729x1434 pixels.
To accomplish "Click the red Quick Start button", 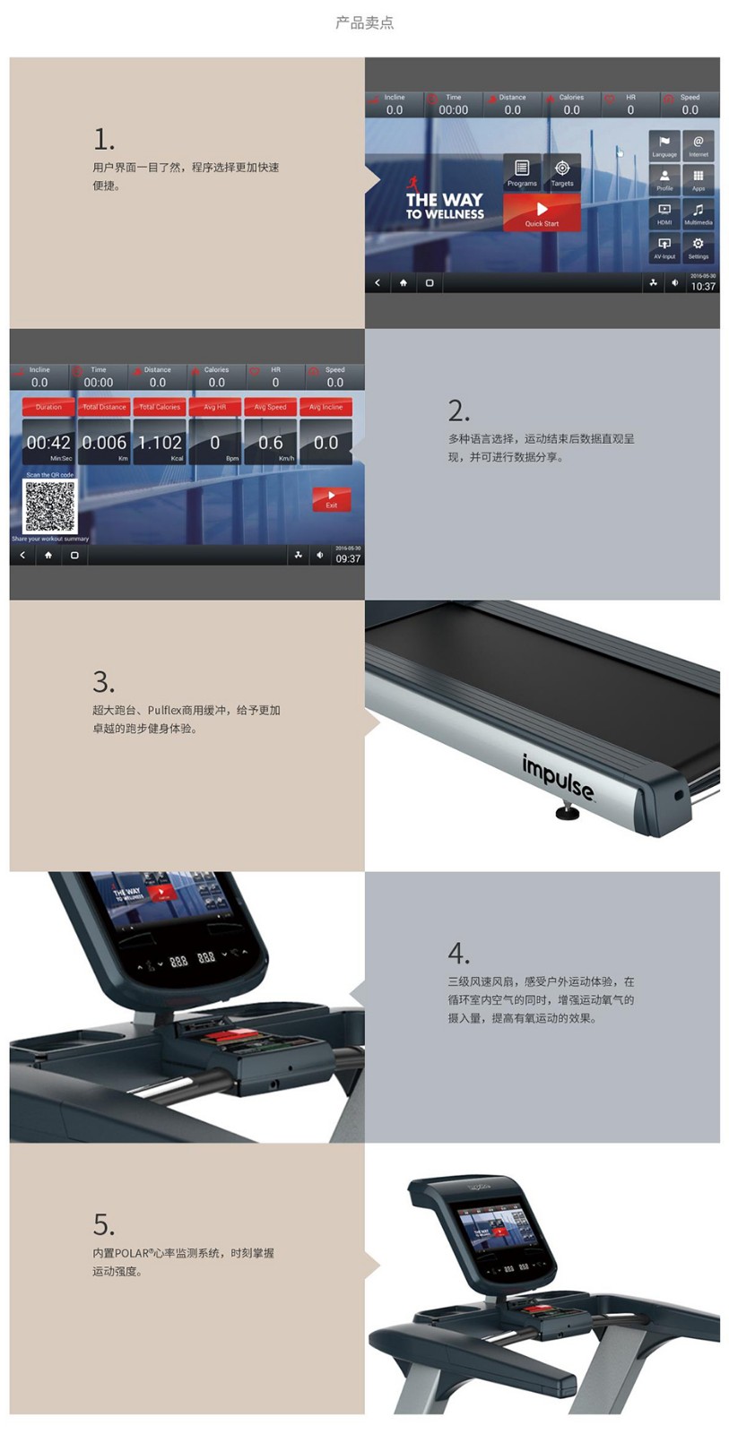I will [542, 213].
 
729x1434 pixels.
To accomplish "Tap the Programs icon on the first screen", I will [522, 172].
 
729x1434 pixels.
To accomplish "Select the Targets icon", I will [562, 172].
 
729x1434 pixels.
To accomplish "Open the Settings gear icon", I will [698, 246].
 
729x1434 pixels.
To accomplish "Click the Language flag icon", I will [664, 145].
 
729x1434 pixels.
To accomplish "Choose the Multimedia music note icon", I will [698, 213].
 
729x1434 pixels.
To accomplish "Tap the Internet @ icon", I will [698, 145].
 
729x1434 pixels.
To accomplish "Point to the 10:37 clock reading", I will [703, 287].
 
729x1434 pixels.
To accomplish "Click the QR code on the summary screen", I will [49, 506].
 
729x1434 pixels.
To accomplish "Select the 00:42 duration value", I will [48, 443].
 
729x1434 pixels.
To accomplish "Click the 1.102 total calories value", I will [160, 443].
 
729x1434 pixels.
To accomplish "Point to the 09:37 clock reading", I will [348, 558].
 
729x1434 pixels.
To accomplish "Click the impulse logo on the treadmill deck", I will [557, 777].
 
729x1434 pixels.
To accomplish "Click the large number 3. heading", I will [103, 682].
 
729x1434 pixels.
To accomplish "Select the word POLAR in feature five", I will [132, 1253].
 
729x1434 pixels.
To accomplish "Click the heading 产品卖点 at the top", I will [364, 22].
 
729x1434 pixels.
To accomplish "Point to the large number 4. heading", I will [458, 953].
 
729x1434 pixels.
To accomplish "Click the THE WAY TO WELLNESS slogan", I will [444, 206].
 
